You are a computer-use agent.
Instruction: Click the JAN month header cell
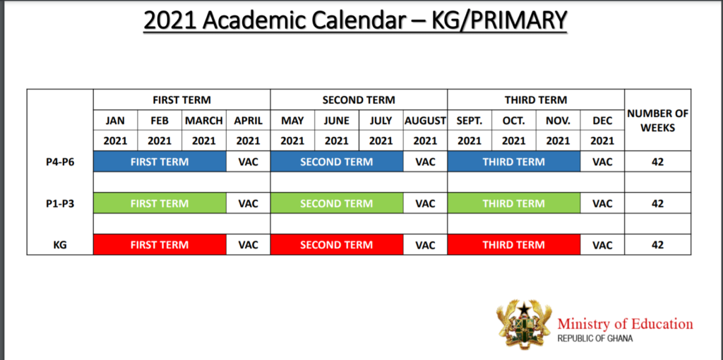click(x=115, y=121)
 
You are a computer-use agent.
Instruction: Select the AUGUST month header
click(x=425, y=121)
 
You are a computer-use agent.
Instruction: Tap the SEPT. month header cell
click(x=470, y=121)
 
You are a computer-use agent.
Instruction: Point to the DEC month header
click(x=602, y=121)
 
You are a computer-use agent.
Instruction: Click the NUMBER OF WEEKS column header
click(x=657, y=120)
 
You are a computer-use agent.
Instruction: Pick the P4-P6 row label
click(x=60, y=162)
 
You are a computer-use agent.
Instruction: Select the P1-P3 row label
click(x=60, y=203)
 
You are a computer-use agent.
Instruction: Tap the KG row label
click(x=60, y=245)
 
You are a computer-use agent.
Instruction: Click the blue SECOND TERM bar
click(x=337, y=162)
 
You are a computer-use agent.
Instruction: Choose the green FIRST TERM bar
click(x=160, y=203)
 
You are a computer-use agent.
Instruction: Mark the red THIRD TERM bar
click(x=514, y=244)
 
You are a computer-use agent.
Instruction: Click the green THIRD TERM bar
click(x=514, y=203)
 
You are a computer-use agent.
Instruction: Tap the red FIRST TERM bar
click(x=160, y=244)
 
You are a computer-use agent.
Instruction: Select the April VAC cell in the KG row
click(x=248, y=244)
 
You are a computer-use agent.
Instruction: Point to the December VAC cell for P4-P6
click(x=602, y=162)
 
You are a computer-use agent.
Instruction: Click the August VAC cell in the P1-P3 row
click(x=425, y=203)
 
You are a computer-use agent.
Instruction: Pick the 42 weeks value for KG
click(x=657, y=244)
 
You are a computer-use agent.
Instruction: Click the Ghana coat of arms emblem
click(x=524, y=325)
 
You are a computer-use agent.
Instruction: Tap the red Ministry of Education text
click(x=625, y=323)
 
